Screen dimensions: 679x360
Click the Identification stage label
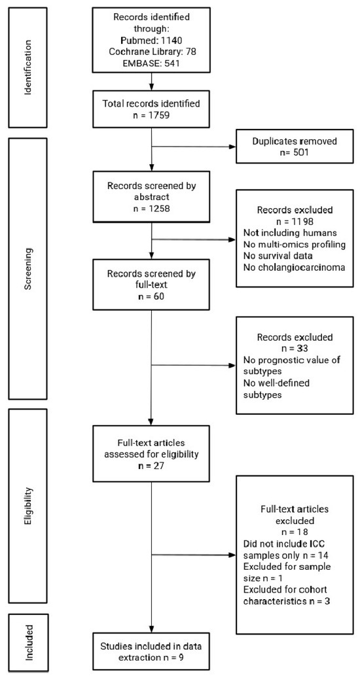click(28, 63)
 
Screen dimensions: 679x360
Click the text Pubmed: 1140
click(151, 39)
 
